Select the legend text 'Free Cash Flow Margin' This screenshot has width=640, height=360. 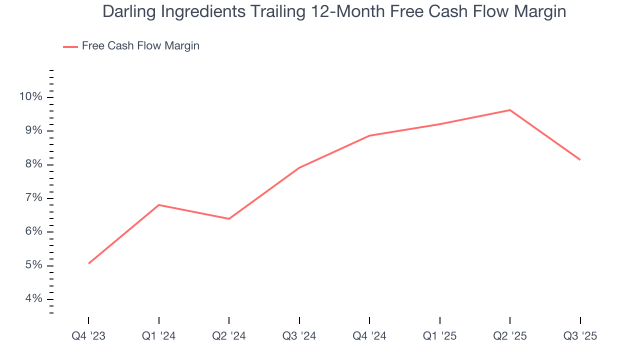pos(140,46)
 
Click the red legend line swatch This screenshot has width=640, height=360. pos(70,46)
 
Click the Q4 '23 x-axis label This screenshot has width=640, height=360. pos(88,336)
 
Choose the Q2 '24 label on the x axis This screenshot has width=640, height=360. pos(229,336)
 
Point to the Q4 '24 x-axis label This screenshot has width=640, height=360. pos(369,336)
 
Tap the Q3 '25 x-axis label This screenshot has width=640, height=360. pos(580,336)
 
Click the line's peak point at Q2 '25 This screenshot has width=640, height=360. pos(510,110)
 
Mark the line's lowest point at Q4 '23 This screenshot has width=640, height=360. pos(88,263)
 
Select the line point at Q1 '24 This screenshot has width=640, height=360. pos(159,205)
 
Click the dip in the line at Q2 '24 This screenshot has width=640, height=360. pos(229,218)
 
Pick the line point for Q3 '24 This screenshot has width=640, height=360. pos(299,167)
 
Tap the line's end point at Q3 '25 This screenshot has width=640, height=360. pos(580,159)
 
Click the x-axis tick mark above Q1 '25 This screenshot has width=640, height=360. pos(440,320)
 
